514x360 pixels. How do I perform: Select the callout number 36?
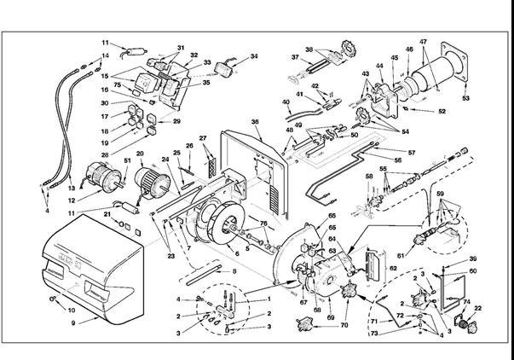[x=255, y=122]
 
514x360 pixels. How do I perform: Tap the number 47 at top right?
[x=424, y=42]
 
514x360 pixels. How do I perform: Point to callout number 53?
[x=466, y=99]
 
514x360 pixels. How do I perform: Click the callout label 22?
[x=478, y=308]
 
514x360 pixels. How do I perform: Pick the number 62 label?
[x=369, y=267]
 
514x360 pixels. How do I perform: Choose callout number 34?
[x=254, y=57]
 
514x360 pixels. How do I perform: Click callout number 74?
[x=466, y=303]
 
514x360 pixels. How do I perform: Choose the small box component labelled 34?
[x=228, y=67]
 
